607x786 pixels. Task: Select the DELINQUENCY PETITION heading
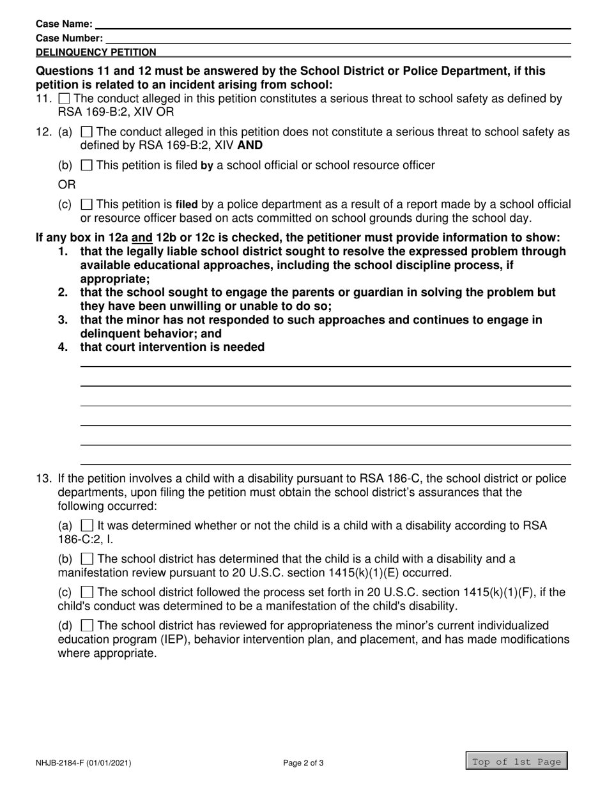(x=96, y=52)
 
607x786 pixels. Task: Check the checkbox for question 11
(x=64, y=99)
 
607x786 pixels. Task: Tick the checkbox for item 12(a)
(x=86, y=132)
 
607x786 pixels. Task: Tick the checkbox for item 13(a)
(x=88, y=525)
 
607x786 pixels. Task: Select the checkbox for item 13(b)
(x=88, y=559)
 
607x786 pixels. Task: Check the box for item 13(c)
(x=88, y=592)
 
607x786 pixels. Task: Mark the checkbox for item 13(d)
(x=88, y=626)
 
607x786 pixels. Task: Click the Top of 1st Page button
(x=516, y=762)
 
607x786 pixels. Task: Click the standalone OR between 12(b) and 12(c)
(x=67, y=185)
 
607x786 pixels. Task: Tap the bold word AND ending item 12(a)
(x=250, y=145)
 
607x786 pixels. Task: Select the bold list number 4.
(x=63, y=347)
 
